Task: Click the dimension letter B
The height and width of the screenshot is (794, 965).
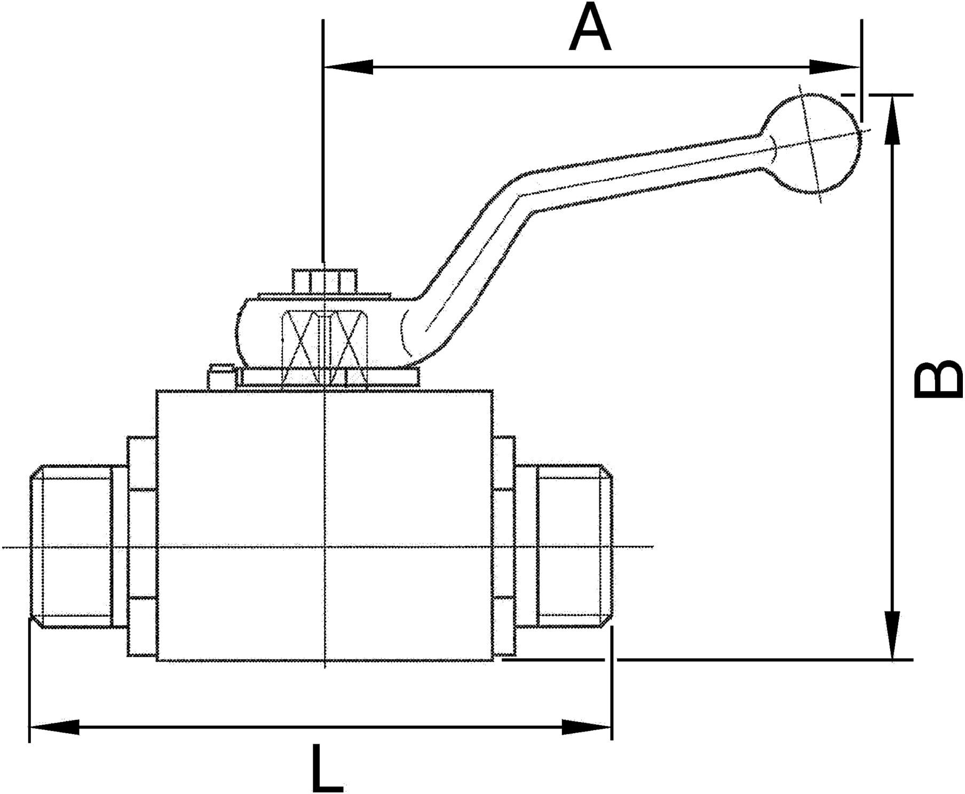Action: point(938,380)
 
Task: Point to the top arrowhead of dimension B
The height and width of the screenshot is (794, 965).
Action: point(892,120)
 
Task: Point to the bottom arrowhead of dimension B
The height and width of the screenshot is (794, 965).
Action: point(892,635)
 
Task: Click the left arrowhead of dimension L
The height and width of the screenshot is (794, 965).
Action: point(54,727)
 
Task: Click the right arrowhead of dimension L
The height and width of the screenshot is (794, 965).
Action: point(587,727)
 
